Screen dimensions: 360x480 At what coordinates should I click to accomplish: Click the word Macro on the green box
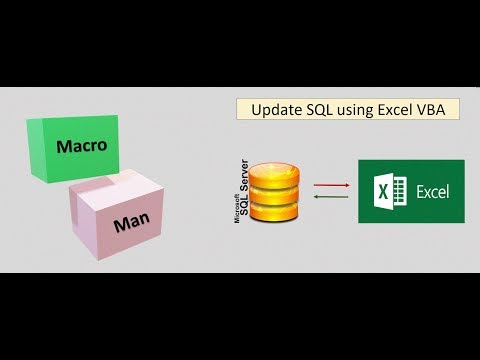click(x=82, y=146)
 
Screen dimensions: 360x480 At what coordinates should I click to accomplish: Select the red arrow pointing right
click(x=330, y=184)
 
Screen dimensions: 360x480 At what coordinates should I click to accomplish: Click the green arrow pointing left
click(x=330, y=196)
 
